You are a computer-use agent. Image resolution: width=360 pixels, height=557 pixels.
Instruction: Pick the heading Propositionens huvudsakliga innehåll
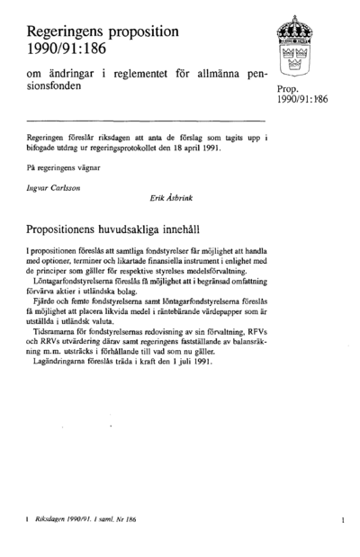pyautogui.click(x=131, y=229)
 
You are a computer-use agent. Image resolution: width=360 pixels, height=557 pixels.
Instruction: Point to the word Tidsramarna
pyautogui.click(x=58, y=330)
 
